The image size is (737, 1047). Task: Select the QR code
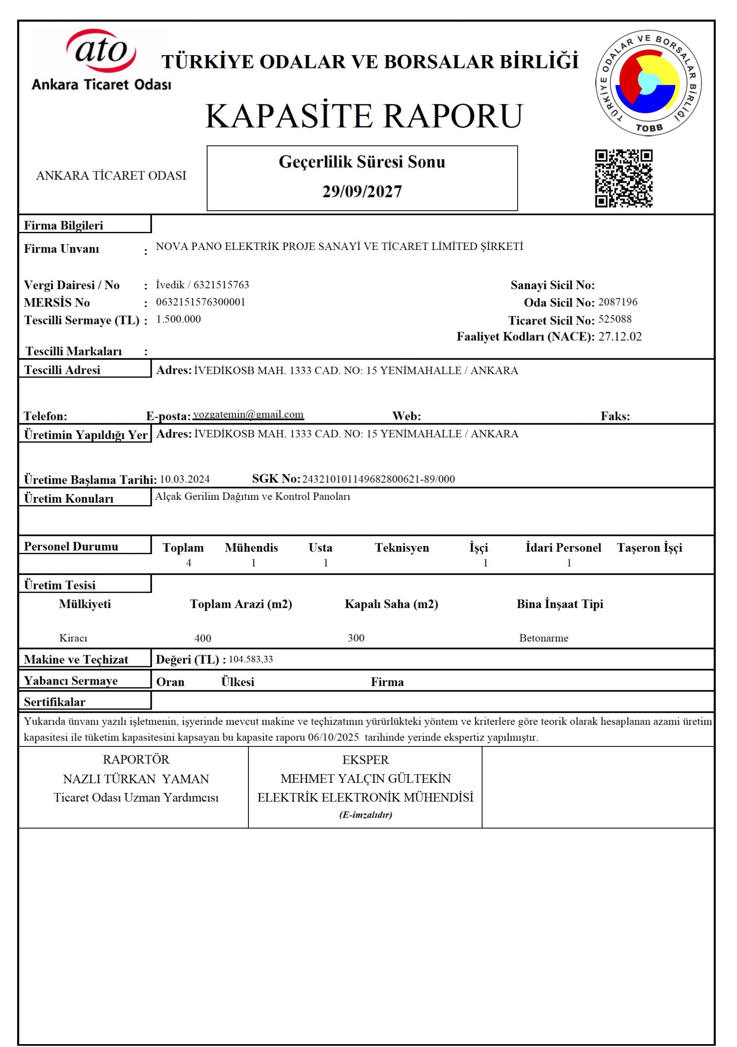[623, 178]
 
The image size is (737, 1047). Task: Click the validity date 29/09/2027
[362, 191]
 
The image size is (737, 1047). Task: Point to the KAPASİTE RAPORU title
[364, 116]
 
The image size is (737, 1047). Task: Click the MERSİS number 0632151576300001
[201, 302]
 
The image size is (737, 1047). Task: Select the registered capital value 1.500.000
[178, 319]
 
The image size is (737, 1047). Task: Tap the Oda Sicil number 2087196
[618, 302]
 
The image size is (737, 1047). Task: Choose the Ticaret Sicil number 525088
[615, 319]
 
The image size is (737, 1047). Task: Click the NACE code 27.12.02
[620, 337]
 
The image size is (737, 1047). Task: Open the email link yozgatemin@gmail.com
[248, 415]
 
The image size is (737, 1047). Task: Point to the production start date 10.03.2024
[185, 479]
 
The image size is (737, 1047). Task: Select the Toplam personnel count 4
[189, 563]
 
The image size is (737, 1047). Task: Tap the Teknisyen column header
[401, 548]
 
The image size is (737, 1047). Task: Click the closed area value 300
[356, 638]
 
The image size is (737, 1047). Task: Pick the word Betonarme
[543, 638]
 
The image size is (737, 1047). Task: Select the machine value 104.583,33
[250, 659]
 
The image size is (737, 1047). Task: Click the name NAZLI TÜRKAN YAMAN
[136, 779]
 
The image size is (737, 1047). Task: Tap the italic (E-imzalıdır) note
[365, 815]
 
